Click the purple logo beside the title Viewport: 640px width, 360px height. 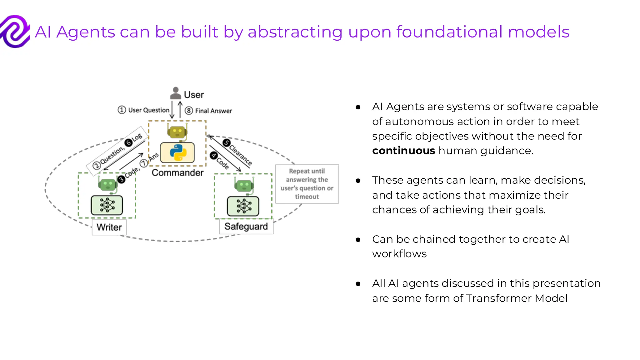point(15,32)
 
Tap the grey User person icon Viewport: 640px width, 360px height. point(176,93)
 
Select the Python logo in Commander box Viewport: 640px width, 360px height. point(178,152)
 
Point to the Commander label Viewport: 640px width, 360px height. point(177,173)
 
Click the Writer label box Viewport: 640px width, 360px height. point(109,227)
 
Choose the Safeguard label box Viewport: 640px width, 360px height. point(246,226)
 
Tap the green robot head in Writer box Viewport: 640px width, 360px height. point(107,184)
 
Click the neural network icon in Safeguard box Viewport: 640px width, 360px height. point(243,206)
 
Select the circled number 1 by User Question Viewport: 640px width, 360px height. point(122,110)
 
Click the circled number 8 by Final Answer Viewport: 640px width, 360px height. point(189,111)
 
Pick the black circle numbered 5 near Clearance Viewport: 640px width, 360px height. point(227,143)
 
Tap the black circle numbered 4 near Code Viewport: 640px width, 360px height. point(214,155)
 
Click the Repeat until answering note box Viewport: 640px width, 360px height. point(307,184)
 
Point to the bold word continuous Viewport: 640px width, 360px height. point(403,151)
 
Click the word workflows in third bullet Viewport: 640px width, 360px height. point(399,254)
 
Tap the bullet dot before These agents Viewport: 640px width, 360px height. point(358,181)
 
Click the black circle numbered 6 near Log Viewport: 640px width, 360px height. point(128,143)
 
